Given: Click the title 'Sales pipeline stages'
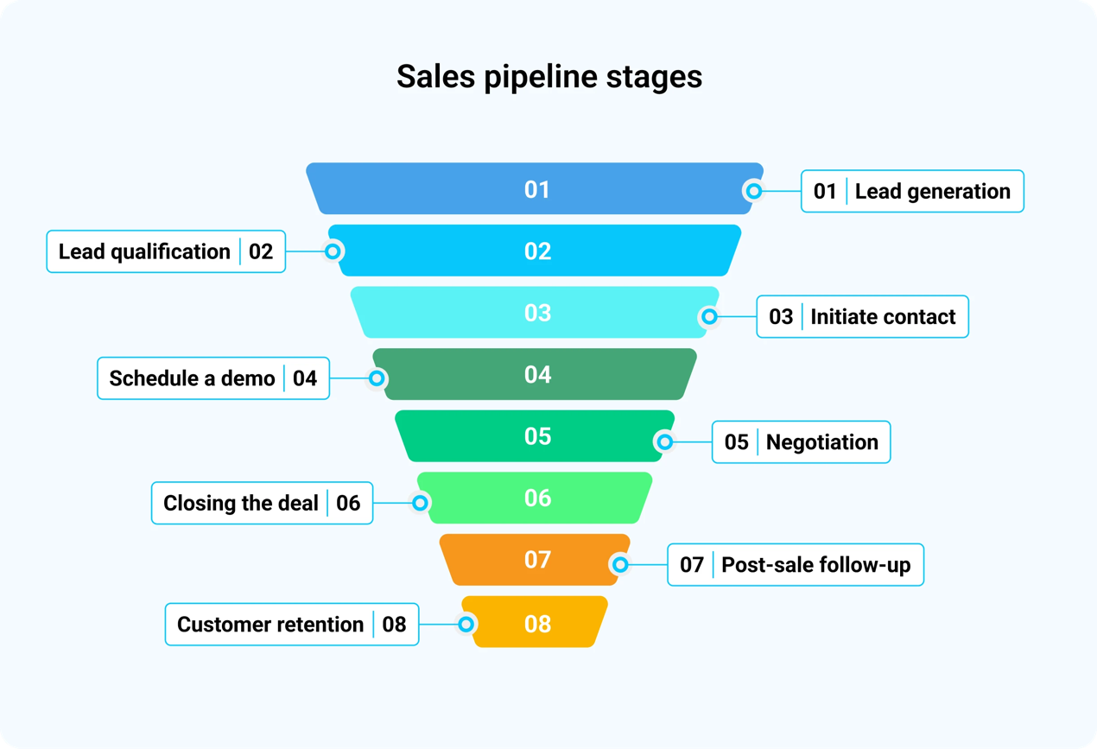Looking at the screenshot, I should click(x=549, y=77).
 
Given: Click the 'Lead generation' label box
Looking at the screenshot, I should click(x=912, y=191).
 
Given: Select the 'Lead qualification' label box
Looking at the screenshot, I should click(x=166, y=251).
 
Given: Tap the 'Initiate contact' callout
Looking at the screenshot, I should click(x=862, y=317).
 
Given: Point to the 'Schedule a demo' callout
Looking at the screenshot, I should click(x=213, y=378).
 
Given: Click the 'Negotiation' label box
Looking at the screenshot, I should click(x=801, y=442).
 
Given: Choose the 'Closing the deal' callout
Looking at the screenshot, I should click(x=262, y=503).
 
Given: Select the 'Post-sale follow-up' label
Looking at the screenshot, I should click(x=796, y=565).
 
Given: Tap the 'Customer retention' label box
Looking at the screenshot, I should click(x=292, y=625).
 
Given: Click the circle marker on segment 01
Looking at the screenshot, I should click(x=754, y=191).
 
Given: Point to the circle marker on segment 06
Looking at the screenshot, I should click(x=420, y=503).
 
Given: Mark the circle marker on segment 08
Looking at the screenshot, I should click(x=466, y=624).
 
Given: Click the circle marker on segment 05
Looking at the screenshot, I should click(x=664, y=442).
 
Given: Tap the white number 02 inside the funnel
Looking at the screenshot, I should click(x=537, y=251).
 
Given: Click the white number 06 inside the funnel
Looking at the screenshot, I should click(x=537, y=498).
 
